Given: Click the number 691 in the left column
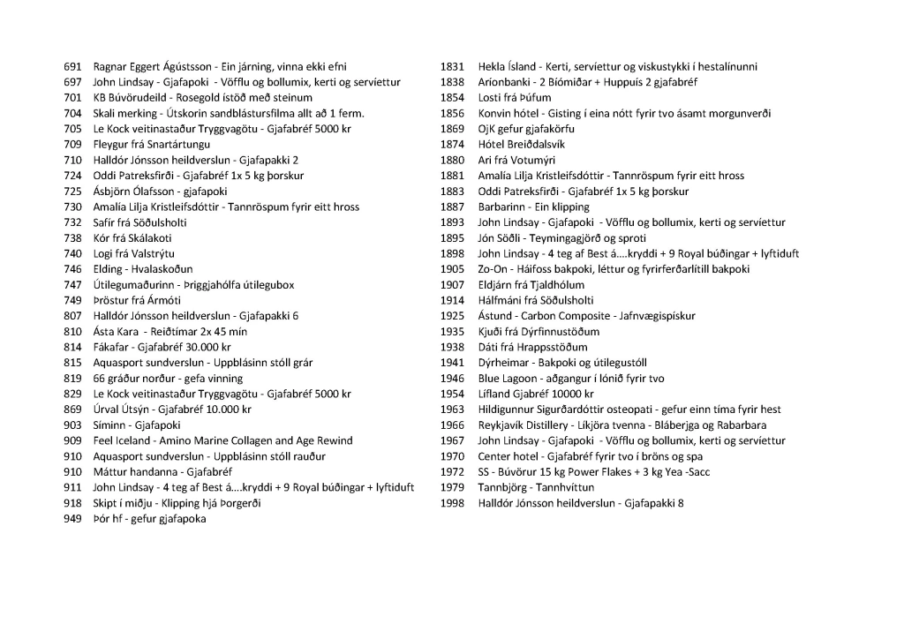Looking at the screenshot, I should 73,67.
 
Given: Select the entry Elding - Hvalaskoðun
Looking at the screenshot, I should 143,269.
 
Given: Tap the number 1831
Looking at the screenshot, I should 452,67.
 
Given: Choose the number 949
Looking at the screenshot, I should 73,519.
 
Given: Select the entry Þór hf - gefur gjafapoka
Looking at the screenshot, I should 149,519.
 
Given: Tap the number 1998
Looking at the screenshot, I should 452,504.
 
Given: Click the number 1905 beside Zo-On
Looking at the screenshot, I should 452,269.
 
